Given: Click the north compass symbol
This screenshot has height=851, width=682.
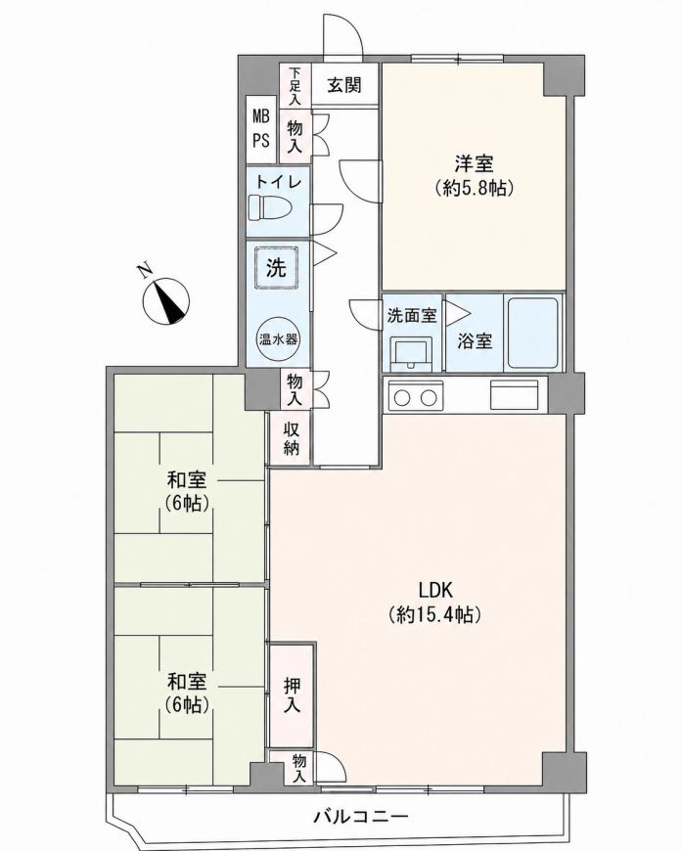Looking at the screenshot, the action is [x=165, y=301].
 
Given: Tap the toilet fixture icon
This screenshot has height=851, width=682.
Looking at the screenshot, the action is [x=270, y=207].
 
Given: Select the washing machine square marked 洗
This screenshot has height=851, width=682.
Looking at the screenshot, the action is [x=276, y=267].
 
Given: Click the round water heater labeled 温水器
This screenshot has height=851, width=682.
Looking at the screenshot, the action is [x=278, y=339].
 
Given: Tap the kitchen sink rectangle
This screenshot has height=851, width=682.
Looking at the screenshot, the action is [x=515, y=394].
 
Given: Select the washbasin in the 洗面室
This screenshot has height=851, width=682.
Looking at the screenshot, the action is [x=411, y=353].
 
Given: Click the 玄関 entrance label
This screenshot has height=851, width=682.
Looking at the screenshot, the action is [x=344, y=85].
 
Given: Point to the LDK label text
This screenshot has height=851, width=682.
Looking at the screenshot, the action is [x=435, y=589].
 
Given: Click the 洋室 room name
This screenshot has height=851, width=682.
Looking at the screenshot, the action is [x=474, y=162].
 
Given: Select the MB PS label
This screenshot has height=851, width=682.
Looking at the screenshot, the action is [x=261, y=127].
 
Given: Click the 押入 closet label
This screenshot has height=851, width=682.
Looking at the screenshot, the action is [x=293, y=695].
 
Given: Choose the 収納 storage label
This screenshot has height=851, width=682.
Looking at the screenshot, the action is [x=293, y=438].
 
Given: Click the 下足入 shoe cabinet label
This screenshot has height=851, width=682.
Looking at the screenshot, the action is [x=295, y=86].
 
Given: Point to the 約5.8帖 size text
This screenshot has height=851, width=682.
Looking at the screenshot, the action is [x=474, y=189].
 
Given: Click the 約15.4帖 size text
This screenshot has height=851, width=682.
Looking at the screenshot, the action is [x=435, y=615].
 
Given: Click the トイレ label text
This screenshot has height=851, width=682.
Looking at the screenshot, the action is [x=278, y=182].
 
